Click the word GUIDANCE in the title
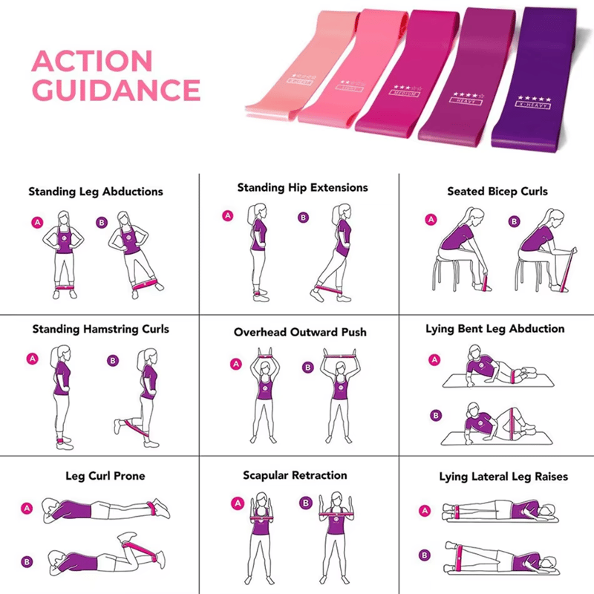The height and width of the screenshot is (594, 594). [117, 91]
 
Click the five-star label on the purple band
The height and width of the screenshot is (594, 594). [534, 101]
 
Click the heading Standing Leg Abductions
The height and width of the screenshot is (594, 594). [96, 192]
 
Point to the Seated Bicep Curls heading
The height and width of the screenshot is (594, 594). [497, 192]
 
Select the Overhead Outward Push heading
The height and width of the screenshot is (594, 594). [300, 332]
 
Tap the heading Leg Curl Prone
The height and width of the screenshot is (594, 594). [105, 476]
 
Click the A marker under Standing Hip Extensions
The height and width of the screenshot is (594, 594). [228, 216]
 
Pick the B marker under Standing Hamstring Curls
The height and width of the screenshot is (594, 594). [113, 360]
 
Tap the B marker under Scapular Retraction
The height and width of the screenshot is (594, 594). [304, 503]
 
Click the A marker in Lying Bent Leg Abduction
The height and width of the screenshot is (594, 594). [434, 359]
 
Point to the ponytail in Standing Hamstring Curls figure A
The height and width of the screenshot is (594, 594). [52, 358]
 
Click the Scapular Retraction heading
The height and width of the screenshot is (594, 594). [295, 475]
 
